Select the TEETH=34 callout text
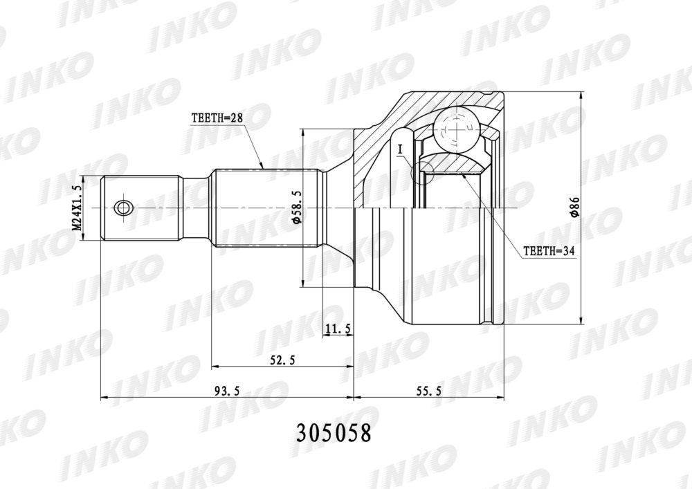[x=549, y=251]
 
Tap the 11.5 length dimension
[x=338, y=328]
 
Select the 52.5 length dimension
[x=282, y=360]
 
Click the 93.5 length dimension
[x=226, y=390]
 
